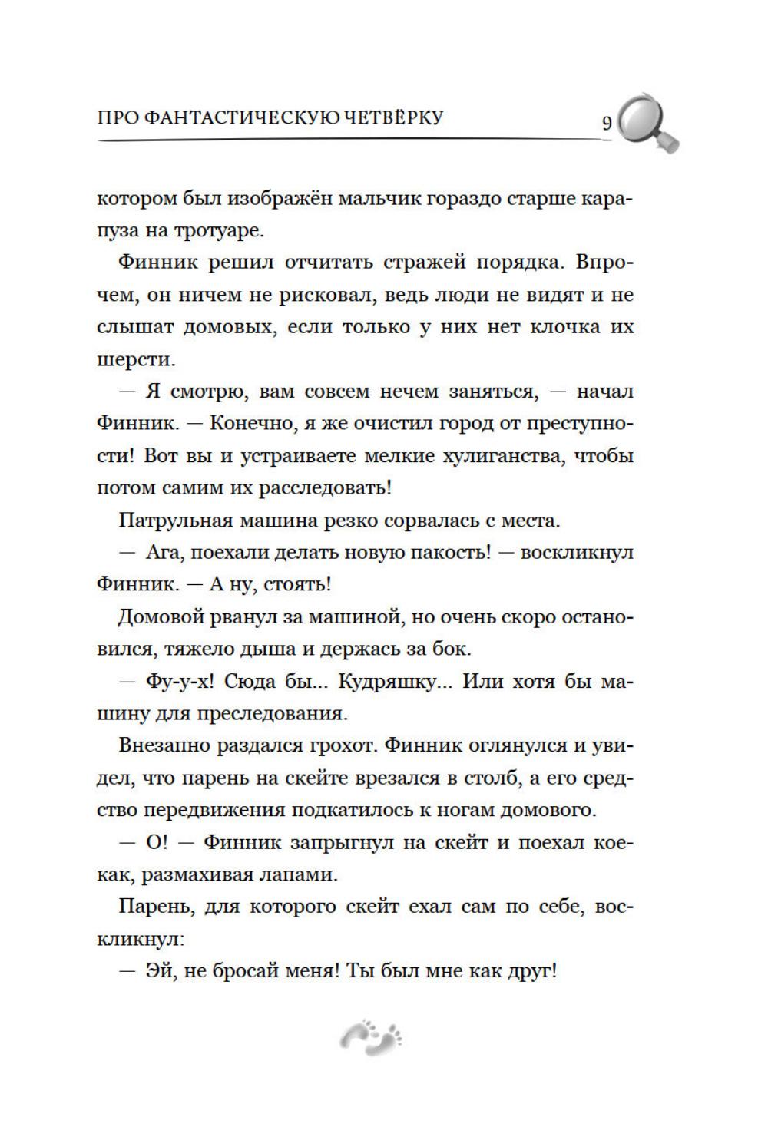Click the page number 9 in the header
click(607, 124)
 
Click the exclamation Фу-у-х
click(176, 681)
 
